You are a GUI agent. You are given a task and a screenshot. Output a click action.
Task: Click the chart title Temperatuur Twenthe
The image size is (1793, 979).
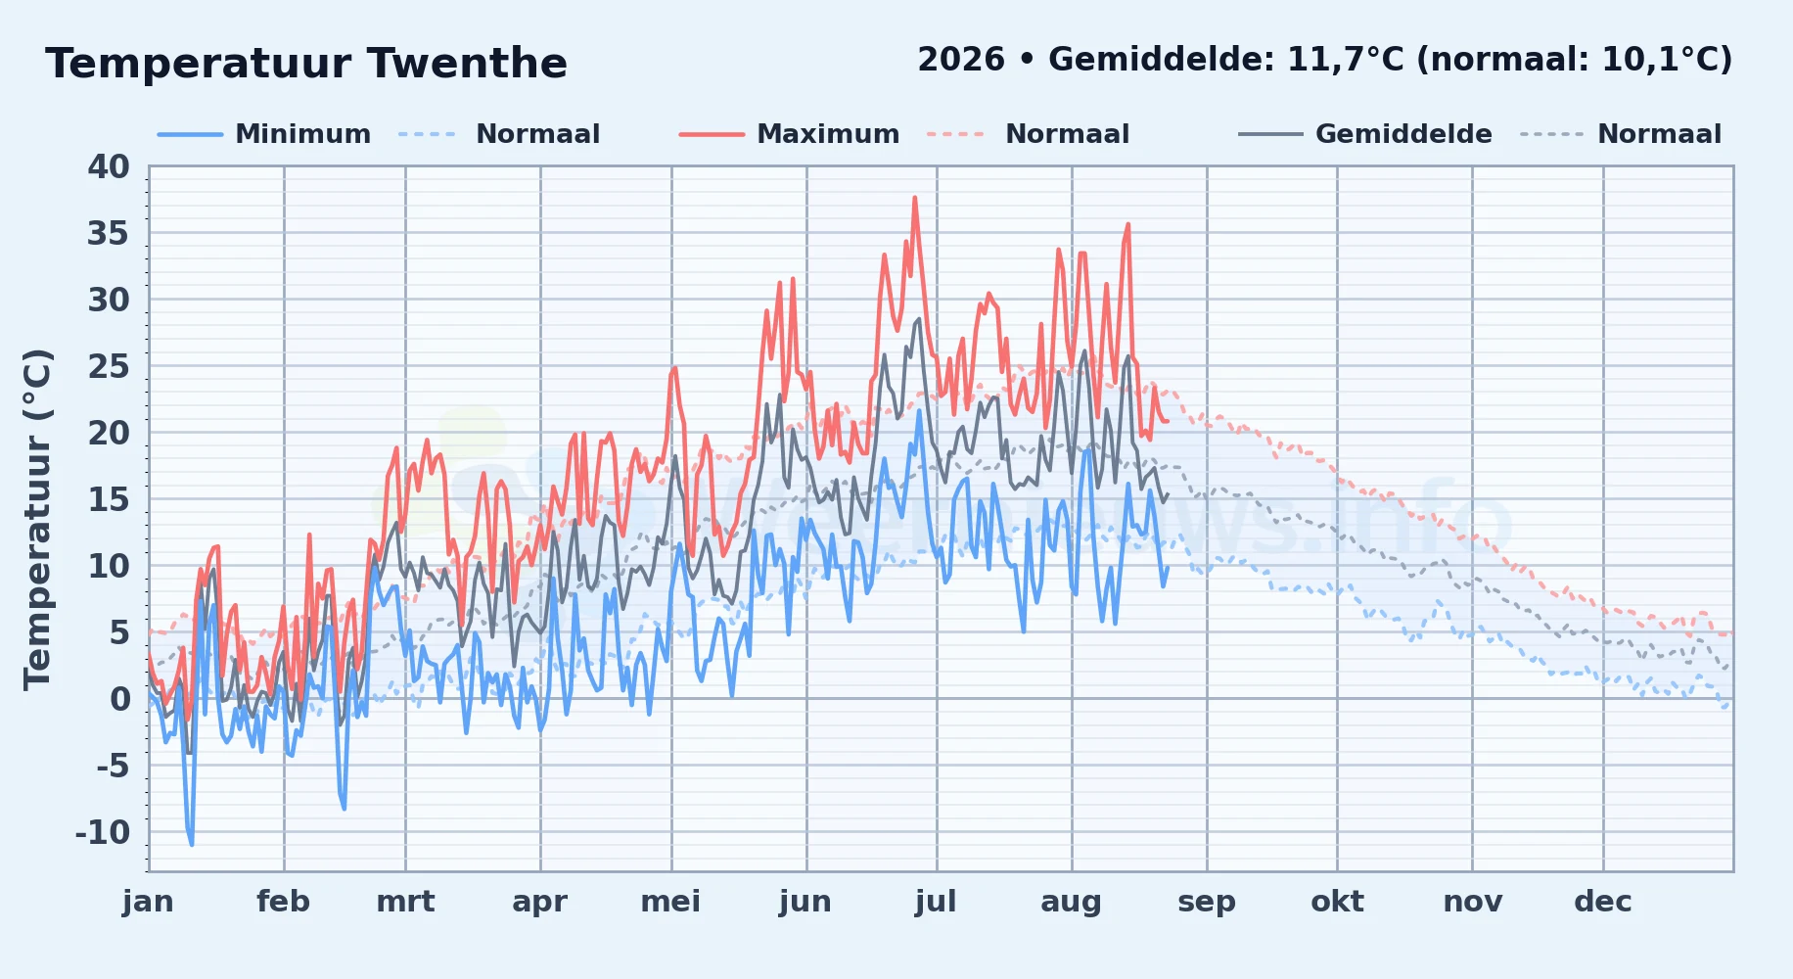(x=306, y=64)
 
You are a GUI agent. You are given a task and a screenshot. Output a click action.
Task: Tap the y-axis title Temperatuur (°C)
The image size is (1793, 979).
(x=38, y=519)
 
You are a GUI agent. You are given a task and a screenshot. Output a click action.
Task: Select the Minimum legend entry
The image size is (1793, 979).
(x=264, y=134)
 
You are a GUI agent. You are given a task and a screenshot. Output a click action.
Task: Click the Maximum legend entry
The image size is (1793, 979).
(x=789, y=134)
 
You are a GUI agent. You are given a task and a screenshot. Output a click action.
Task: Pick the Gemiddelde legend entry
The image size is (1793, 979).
(x=1365, y=134)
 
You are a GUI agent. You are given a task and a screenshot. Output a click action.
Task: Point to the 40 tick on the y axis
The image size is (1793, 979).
(x=109, y=167)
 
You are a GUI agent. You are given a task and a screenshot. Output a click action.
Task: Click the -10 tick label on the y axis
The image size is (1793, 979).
(x=103, y=833)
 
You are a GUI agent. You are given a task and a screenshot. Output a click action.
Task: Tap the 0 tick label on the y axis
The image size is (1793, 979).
(x=120, y=700)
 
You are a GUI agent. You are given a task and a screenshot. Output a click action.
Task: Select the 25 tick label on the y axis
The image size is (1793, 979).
(x=109, y=367)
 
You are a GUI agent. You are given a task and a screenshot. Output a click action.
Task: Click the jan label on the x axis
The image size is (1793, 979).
(x=148, y=902)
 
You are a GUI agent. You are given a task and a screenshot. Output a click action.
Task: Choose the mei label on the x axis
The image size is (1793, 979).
(x=670, y=902)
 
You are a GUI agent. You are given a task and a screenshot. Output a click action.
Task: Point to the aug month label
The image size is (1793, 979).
(x=1072, y=902)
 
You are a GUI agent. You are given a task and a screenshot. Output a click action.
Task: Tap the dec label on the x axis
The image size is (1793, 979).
(x=1603, y=902)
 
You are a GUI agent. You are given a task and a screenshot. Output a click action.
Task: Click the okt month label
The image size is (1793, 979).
(x=1337, y=902)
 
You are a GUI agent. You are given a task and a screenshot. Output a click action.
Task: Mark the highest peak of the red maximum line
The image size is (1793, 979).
(x=915, y=198)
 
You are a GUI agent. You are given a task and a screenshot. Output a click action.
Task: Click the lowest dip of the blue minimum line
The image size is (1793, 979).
(x=192, y=844)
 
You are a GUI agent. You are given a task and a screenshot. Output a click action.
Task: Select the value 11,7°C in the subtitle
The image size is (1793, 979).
(x=1345, y=61)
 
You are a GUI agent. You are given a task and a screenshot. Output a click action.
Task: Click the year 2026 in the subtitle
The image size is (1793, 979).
(x=961, y=60)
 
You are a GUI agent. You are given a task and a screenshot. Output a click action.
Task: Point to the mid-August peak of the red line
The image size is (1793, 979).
(x=1128, y=224)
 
